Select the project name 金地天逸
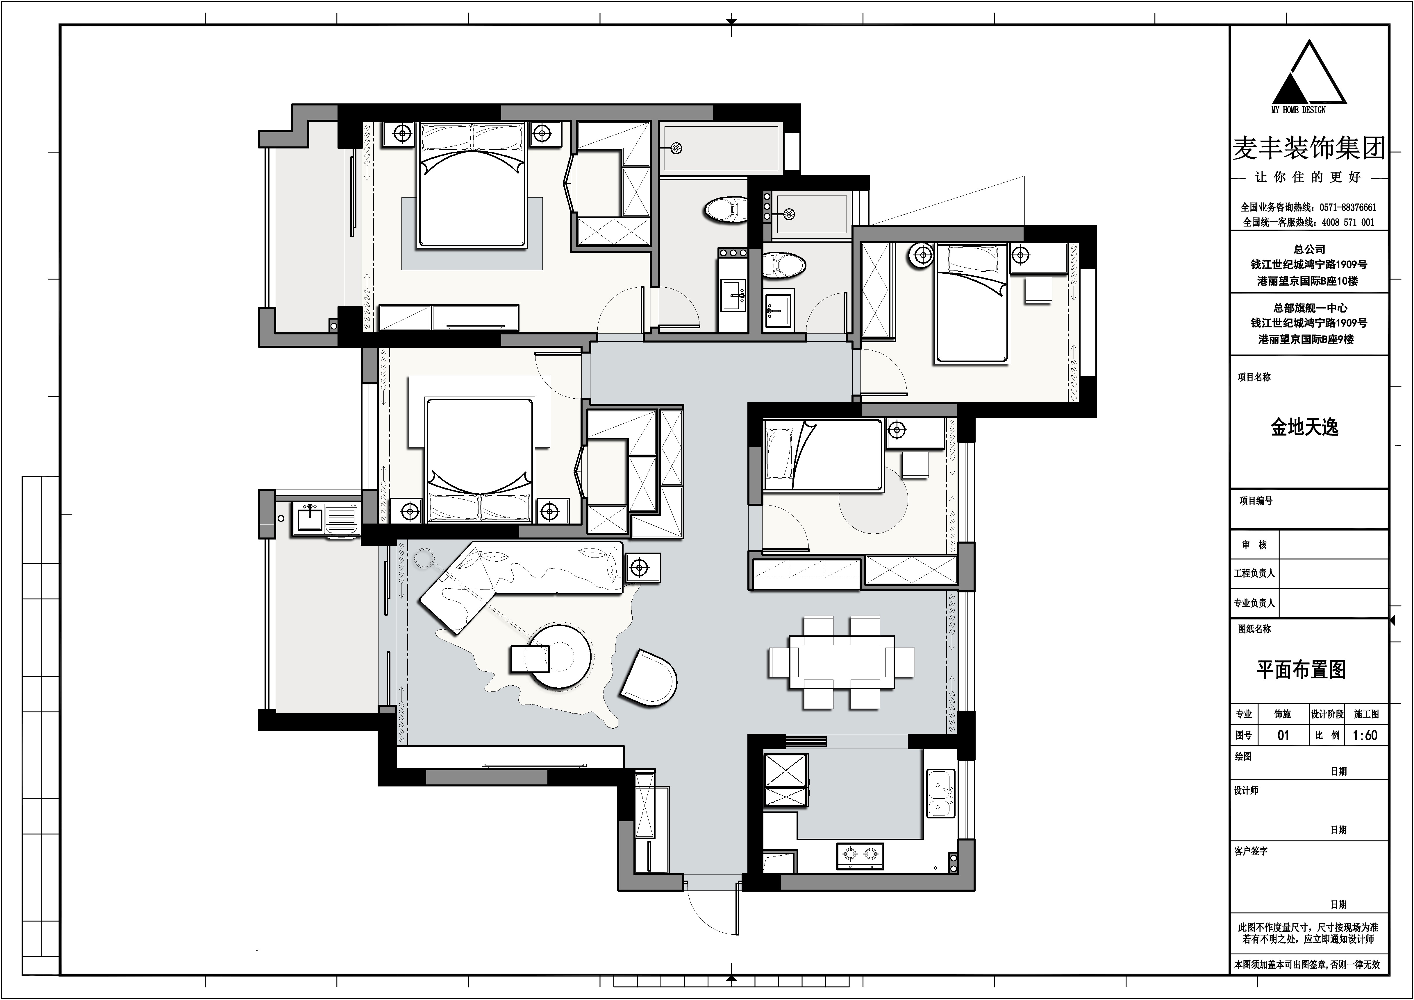tap(1304, 427)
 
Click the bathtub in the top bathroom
tap(721, 148)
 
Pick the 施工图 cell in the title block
tap(1367, 714)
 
